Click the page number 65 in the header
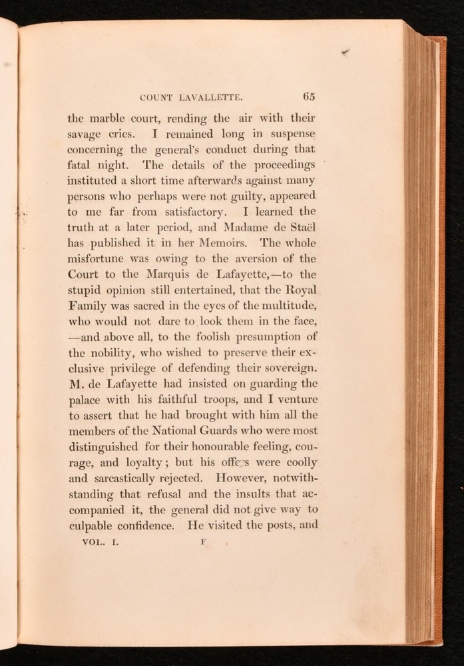[x=308, y=95]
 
